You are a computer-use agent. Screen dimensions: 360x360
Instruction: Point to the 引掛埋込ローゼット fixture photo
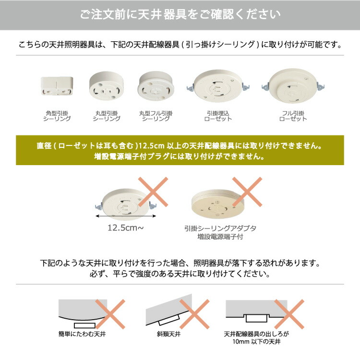click(x=217, y=88)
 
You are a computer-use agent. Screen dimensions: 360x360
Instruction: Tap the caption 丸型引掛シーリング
click(x=106, y=116)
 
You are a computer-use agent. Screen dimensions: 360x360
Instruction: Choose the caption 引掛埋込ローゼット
click(x=217, y=116)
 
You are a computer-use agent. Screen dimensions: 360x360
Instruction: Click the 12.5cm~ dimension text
click(x=125, y=228)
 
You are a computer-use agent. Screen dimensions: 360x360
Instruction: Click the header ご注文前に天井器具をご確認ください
click(x=180, y=15)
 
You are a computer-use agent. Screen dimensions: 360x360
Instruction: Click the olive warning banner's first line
click(x=180, y=145)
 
